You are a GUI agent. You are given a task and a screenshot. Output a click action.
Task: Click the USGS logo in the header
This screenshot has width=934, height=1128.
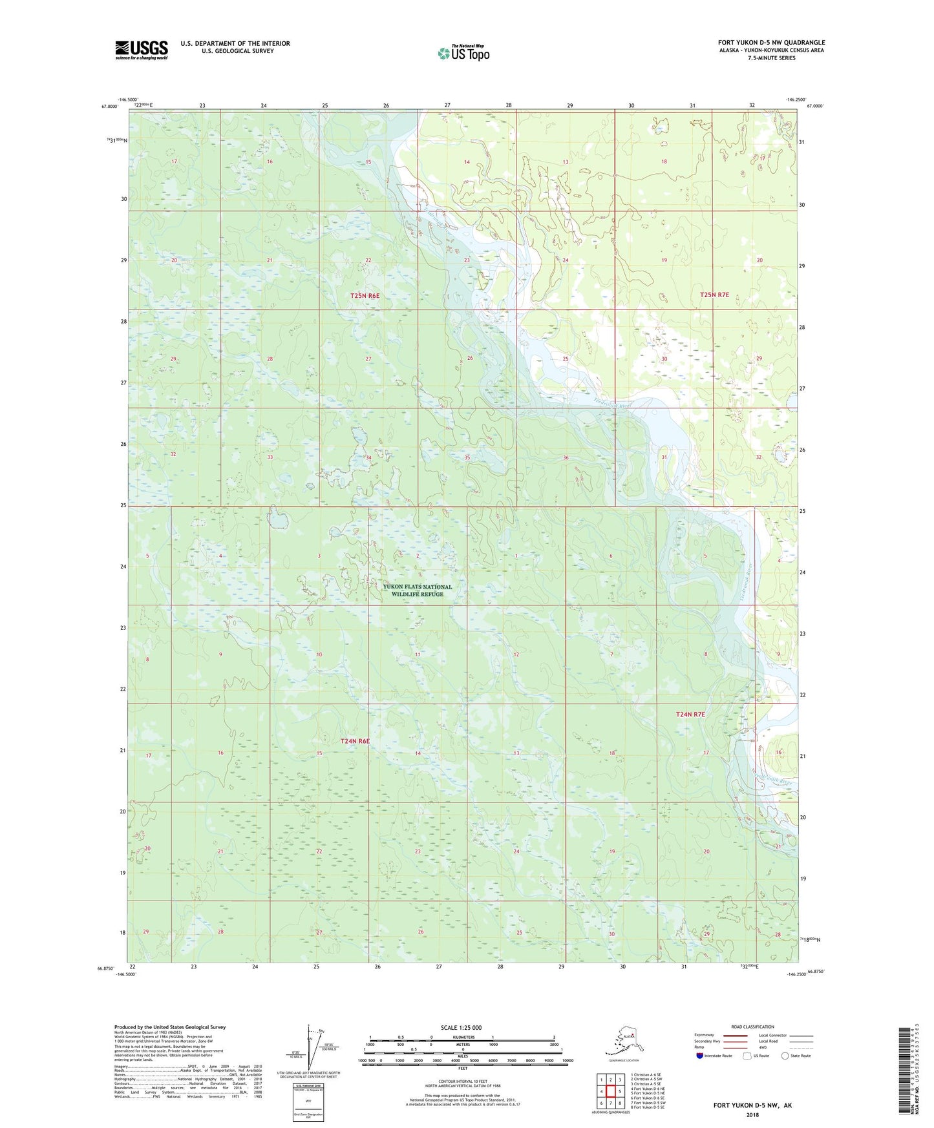click(x=141, y=50)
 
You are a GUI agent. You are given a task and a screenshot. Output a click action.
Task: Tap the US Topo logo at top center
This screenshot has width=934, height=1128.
click(x=463, y=53)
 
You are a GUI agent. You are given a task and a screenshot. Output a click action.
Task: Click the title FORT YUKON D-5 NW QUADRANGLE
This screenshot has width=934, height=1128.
click(x=771, y=43)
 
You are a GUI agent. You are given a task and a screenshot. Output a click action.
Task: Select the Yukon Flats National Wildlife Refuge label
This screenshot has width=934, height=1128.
click(x=418, y=590)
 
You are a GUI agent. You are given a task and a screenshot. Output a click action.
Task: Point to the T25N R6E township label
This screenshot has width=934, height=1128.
click(x=365, y=295)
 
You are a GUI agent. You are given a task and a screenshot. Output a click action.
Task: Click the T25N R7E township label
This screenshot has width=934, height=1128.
click(x=714, y=295)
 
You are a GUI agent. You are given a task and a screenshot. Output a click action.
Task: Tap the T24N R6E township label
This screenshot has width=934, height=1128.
click(x=355, y=741)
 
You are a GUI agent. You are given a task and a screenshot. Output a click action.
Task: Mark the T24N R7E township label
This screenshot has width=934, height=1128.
click(x=690, y=715)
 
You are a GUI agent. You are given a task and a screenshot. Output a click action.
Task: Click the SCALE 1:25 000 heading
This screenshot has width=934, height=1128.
click(x=461, y=1027)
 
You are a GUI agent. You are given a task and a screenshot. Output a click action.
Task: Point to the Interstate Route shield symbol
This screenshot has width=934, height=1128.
click(x=700, y=1056)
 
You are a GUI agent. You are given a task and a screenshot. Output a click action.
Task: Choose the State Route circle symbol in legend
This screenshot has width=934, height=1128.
click(x=785, y=1056)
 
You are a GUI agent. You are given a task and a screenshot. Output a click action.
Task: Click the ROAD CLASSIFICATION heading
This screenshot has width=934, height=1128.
click(x=753, y=1027)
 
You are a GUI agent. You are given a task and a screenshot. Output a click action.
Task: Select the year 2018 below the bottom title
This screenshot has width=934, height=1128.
click(x=752, y=1114)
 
